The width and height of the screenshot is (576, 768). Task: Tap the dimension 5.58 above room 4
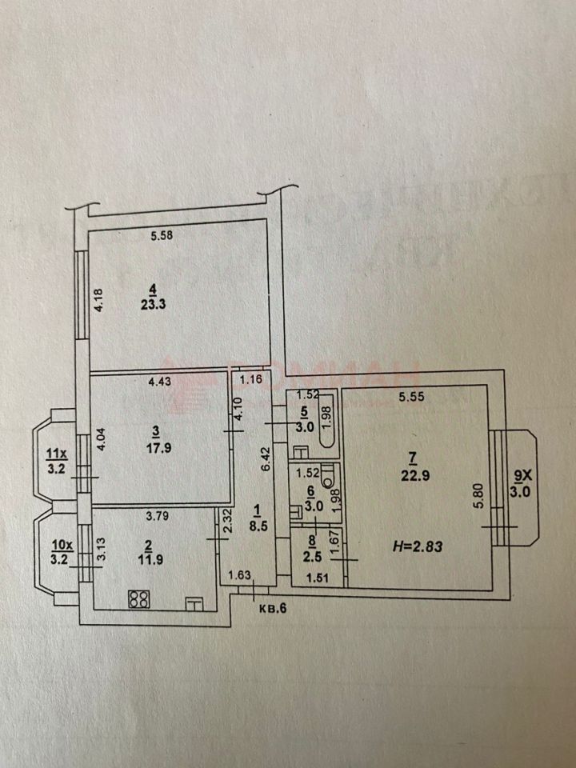click(162, 235)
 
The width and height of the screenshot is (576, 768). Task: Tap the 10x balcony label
click(61, 546)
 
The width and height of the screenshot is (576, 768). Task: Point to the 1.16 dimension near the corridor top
click(252, 378)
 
